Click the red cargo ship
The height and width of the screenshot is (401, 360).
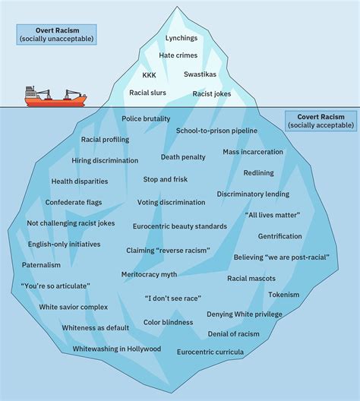[55, 97]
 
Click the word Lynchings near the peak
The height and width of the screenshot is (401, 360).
[182, 37]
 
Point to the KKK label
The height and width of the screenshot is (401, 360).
[150, 75]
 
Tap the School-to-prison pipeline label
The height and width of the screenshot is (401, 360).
[216, 131]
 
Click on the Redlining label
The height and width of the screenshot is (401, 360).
[258, 173]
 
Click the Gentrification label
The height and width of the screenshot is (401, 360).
[279, 236]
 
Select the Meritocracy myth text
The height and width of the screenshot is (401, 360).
[149, 273]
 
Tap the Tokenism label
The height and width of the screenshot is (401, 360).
[283, 294]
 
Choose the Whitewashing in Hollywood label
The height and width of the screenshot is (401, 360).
[117, 349]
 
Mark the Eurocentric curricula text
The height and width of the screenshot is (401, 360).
[210, 352]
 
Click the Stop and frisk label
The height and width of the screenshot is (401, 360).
[166, 180]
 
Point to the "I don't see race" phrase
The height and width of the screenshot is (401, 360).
[172, 298]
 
